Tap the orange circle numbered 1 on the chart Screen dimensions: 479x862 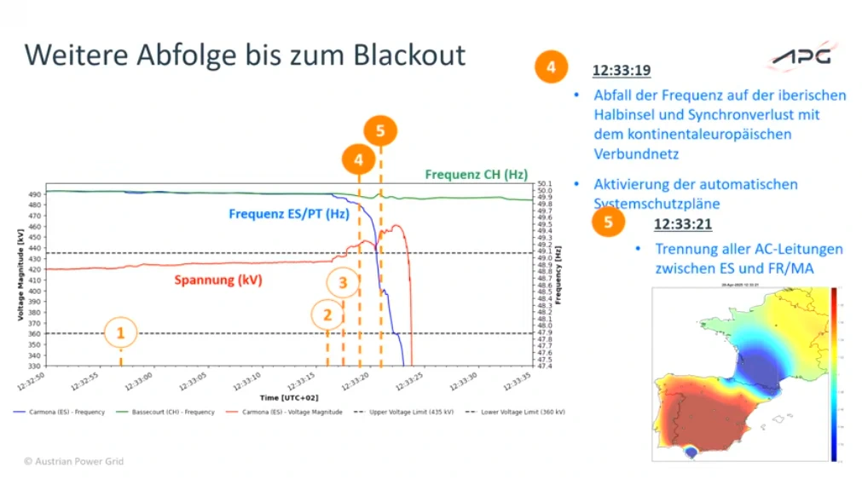(120, 332)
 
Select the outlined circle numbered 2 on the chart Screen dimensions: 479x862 (327, 315)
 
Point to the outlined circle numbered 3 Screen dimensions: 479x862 (343, 281)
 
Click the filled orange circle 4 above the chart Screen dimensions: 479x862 (358, 159)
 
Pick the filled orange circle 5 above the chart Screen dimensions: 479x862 (380, 130)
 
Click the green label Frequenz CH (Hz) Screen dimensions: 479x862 (476, 175)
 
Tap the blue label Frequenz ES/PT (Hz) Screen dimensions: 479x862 (288, 214)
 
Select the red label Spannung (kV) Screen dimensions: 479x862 (217, 280)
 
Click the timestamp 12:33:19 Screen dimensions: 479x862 (623, 69)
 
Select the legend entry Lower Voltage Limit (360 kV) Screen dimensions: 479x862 (519, 412)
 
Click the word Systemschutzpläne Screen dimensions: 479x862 (653, 204)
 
